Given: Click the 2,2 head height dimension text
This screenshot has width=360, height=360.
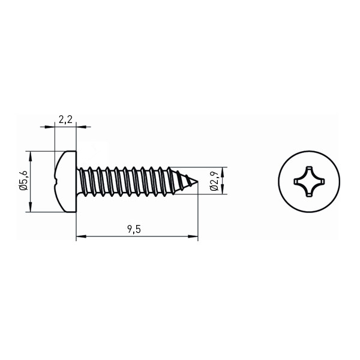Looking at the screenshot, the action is coord(65,120).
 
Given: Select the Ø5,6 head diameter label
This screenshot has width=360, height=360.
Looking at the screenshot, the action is coord(23,181).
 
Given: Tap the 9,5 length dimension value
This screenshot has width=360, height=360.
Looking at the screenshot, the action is coord(134,229).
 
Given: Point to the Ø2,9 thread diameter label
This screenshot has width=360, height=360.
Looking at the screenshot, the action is coord(214,181).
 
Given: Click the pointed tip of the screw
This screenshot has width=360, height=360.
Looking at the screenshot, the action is coord(197,182).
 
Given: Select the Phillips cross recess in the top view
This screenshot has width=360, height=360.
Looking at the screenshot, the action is coord(309,182).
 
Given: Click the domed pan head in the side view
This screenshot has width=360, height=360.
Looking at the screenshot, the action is coord(65,182).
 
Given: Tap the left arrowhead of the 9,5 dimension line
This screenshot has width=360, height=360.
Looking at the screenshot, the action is coord(81,236).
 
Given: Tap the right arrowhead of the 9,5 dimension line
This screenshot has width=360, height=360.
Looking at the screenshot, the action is coord(193,236).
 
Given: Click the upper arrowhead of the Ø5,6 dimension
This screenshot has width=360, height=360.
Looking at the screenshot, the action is coord(30,157).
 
